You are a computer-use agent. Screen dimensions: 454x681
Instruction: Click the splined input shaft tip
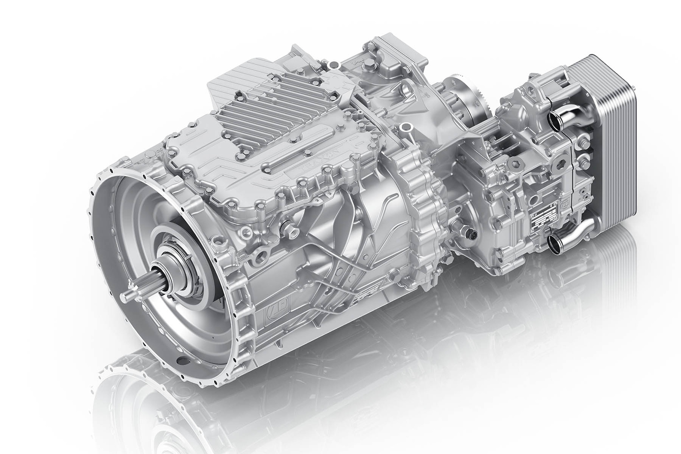(x=124, y=295)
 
